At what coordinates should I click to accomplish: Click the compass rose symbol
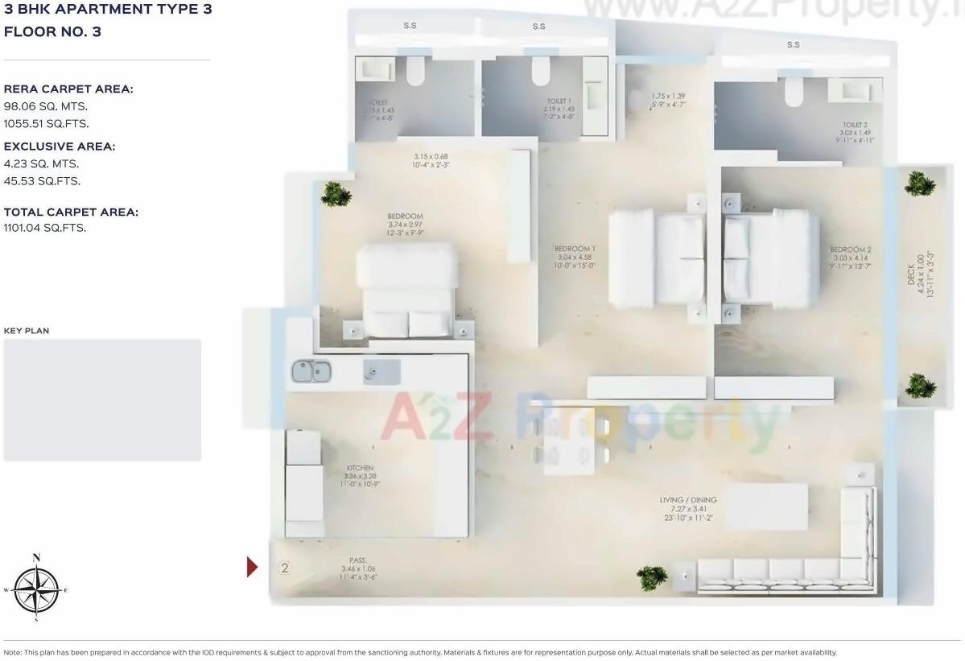36,589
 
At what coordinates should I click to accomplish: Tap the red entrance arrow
252,567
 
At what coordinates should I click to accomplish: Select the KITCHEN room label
360,468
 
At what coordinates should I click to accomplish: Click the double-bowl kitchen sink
311,372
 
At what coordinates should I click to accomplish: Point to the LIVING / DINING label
688,500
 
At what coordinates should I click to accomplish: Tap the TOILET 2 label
855,126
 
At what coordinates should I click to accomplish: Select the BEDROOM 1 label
575,249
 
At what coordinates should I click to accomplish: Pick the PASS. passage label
358,560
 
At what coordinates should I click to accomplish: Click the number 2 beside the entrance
284,568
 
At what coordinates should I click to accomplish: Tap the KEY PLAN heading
27,331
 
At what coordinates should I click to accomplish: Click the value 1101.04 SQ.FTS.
45,228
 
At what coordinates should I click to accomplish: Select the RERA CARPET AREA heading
68,89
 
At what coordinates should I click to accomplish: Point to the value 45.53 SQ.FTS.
42,181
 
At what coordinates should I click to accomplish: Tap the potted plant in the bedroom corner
336,193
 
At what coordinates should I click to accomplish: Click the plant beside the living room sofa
652,576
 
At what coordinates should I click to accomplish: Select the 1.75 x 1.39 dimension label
668,96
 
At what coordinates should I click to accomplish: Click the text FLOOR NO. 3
52,32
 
